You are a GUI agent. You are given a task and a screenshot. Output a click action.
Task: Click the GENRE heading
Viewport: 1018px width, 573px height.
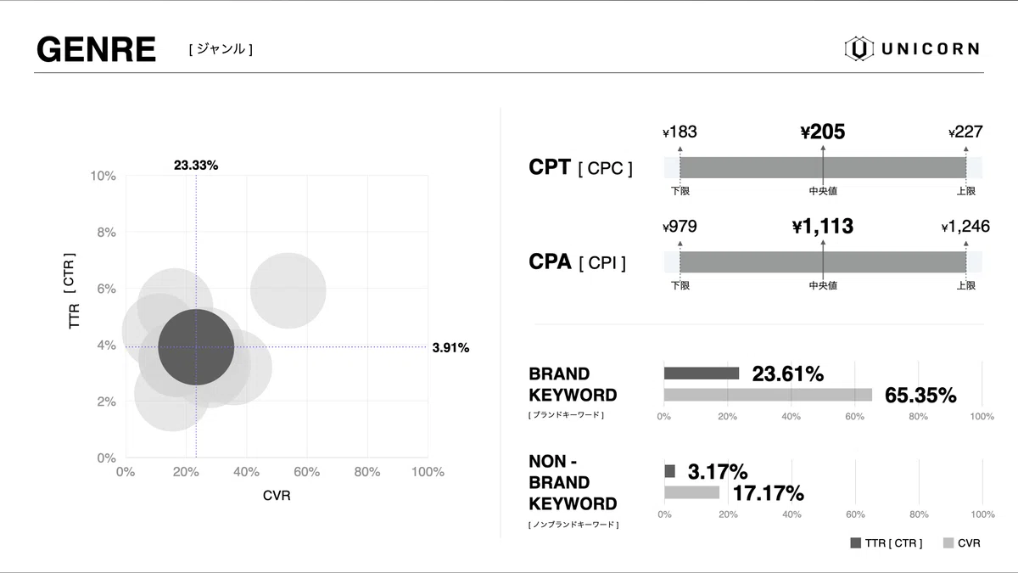coord(96,50)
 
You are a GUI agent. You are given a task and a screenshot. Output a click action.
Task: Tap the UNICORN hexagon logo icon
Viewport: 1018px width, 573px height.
coord(859,49)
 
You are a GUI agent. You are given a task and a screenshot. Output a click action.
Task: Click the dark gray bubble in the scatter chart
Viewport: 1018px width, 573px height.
coord(196,346)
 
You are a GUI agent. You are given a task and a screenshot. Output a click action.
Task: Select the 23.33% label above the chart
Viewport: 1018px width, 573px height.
coord(196,166)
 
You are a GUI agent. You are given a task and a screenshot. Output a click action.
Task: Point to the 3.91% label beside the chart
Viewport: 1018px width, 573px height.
coord(450,347)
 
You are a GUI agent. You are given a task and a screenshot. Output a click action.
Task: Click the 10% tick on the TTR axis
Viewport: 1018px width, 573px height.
coord(103,176)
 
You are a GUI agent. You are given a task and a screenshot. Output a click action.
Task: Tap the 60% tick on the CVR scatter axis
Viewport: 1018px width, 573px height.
coord(306,472)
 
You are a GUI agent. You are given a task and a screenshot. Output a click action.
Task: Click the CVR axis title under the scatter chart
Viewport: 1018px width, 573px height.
coord(277,496)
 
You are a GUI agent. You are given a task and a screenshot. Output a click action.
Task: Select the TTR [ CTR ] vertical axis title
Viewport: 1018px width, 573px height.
coord(73,291)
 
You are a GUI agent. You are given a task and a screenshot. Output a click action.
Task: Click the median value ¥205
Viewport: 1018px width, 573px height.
coord(823,132)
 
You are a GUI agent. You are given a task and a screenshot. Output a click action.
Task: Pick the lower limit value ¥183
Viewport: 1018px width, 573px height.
coord(680,132)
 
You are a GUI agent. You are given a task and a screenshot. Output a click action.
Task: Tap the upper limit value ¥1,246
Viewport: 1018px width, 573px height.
coord(965,227)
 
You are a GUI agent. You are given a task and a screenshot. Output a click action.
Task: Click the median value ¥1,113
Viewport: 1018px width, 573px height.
coord(823,227)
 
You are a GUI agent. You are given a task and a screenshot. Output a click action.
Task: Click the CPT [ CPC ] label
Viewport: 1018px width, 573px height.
coord(580,167)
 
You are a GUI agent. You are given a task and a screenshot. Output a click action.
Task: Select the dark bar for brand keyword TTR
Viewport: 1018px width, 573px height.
coord(702,373)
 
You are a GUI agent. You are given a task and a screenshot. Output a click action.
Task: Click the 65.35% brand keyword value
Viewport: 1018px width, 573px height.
coord(920,396)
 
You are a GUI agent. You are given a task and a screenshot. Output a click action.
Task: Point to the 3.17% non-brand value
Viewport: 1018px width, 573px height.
coord(718,471)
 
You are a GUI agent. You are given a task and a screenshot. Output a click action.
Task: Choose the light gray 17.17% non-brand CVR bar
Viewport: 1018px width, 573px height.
coord(691,492)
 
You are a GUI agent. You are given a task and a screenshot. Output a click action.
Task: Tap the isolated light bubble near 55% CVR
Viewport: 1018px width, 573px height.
coord(288,290)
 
